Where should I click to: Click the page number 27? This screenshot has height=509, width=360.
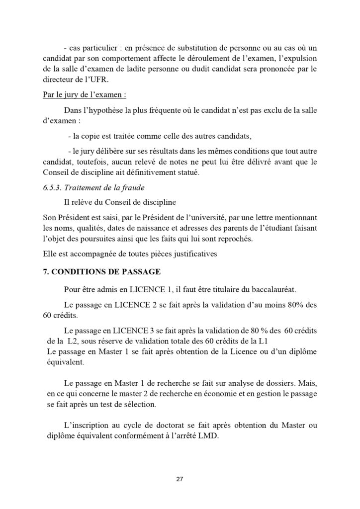tap(180, 479)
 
